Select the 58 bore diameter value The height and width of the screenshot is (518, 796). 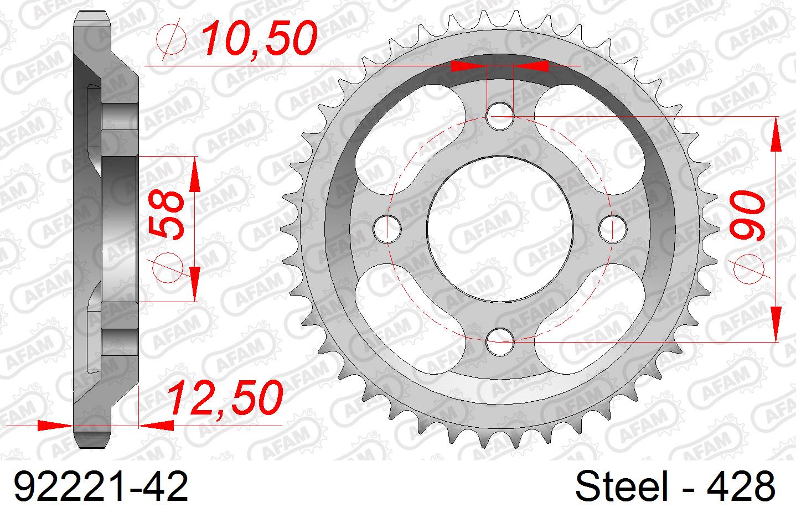point(167,216)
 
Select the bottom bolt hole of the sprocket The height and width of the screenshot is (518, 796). point(500,341)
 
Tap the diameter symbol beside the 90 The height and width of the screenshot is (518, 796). point(751,269)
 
